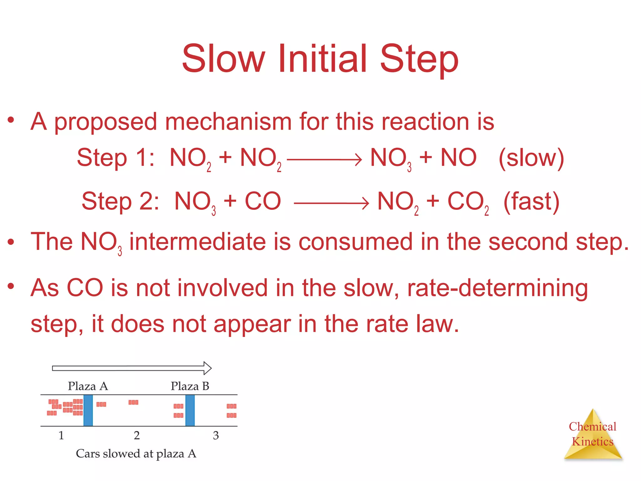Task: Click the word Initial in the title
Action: pos(322,59)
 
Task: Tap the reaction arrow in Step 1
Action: pos(324,160)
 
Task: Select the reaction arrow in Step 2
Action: pos(331,203)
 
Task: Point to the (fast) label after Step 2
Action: pos(531,201)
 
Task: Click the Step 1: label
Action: pos(115,158)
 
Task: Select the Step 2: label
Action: pos(120,201)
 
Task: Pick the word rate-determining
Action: pos(497,288)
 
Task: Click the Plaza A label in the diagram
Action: pos(88,386)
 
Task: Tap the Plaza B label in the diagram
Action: pos(190,386)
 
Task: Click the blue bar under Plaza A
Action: pos(88,410)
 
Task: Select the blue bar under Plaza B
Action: pos(190,410)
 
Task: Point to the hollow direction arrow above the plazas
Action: pos(132,368)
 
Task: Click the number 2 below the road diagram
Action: pos(137,435)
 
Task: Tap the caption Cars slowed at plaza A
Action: pos(136,453)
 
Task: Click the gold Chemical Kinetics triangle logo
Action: pos(592,435)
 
